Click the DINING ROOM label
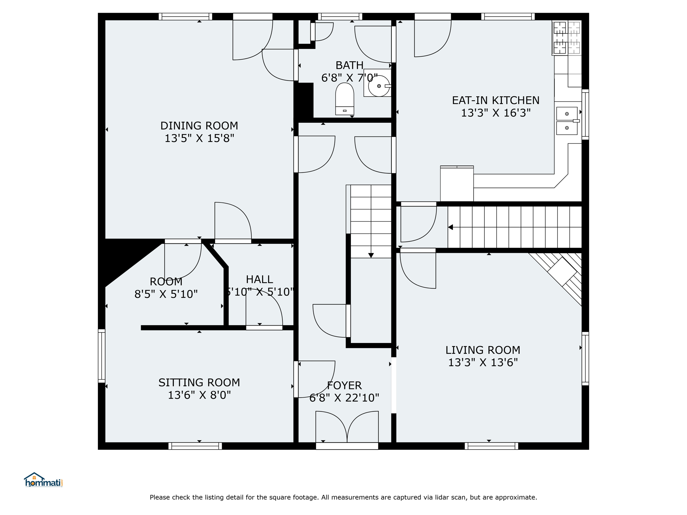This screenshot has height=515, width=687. (x=199, y=126)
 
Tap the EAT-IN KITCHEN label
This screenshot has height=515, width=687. (x=495, y=100)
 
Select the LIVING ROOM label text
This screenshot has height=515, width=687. (x=483, y=350)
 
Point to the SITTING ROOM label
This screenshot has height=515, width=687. (x=199, y=383)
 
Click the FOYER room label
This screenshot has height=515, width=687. (x=344, y=385)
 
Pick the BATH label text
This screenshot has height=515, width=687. (x=350, y=65)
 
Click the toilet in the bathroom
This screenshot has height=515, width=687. (x=345, y=99)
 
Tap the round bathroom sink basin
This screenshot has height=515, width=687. (x=379, y=86)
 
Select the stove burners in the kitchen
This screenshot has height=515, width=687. (x=567, y=38)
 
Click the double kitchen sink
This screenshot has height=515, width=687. (x=567, y=121)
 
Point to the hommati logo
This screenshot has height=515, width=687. (x=43, y=480)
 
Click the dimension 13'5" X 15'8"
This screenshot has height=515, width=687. (x=199, y=138)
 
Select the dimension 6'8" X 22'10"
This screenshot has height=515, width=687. (x=344, y=398)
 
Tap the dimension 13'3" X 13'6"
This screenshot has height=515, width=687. (x=483, y=362)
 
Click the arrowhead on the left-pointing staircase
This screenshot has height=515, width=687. (x=451, y=227)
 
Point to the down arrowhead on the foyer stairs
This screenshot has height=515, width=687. (x=371, y=255)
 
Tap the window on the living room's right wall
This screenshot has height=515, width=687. (x=585, y=358)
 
